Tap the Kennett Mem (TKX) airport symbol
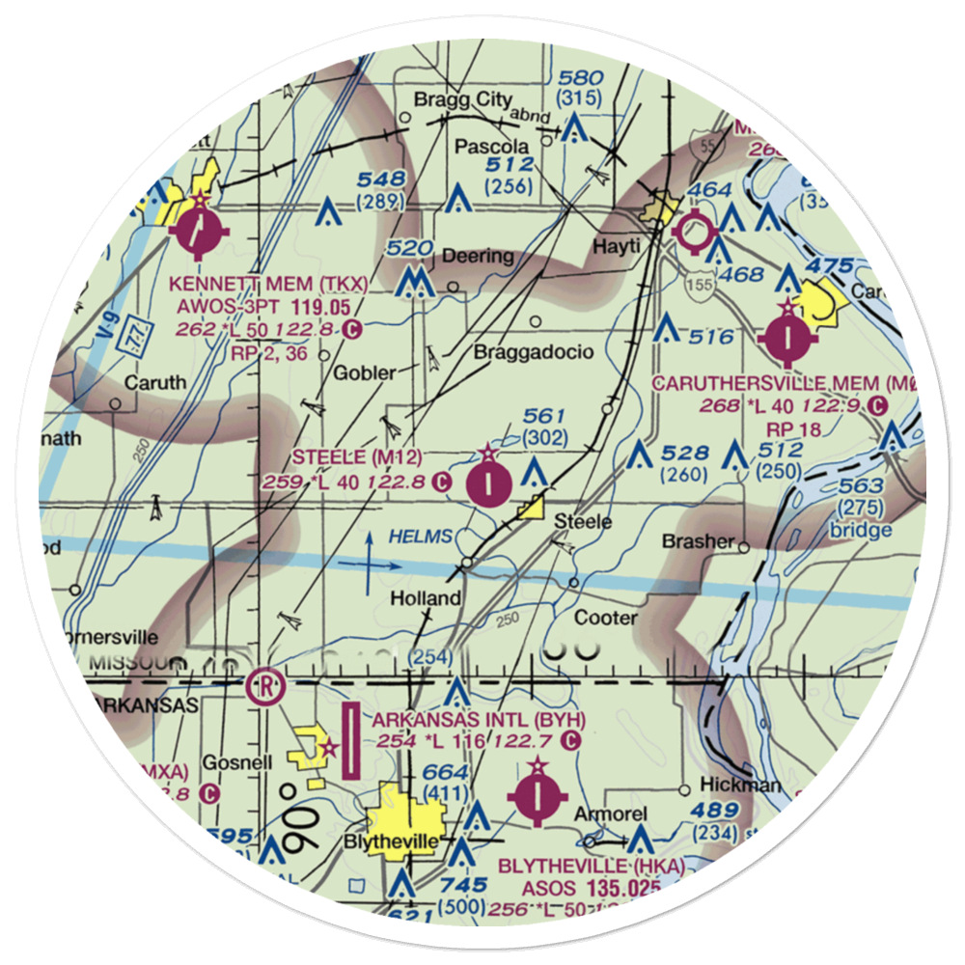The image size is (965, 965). coord(198,232)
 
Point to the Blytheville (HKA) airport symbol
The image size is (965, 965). coord(536,796)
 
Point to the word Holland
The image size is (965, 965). coord(425,598)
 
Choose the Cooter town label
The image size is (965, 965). coord(605,618)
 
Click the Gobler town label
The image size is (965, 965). coord(365,373)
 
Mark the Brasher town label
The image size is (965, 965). coord(698,541)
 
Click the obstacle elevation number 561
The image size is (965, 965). coord(543,416)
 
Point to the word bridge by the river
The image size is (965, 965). coord(865,530)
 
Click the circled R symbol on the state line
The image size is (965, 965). coord(263,686)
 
